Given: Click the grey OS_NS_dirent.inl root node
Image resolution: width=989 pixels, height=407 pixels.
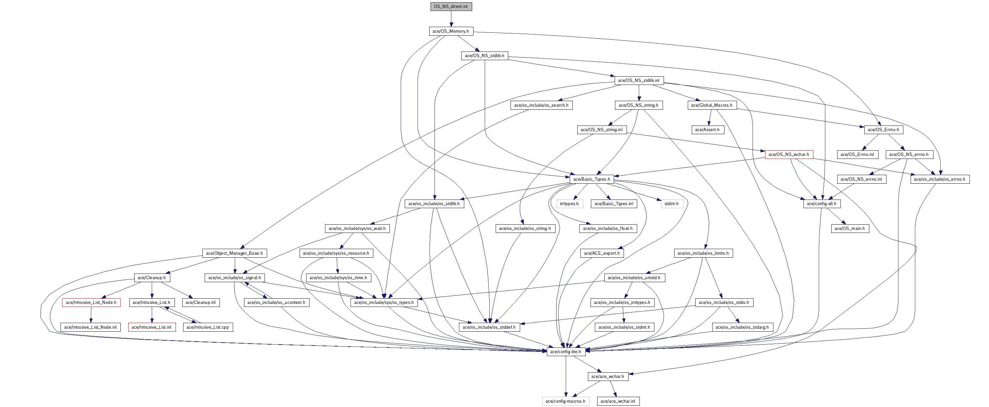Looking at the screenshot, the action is [x=451, y=7].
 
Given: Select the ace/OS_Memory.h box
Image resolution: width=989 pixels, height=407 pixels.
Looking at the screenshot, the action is [x=451, y=31].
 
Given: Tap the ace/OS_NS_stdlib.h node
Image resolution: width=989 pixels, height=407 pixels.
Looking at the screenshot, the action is [x=484, y=55].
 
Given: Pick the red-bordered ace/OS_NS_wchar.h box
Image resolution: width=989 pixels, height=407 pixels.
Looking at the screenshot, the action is [x=789, y=155].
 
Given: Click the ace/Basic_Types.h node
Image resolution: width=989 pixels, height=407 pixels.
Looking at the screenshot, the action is [x=592, y=179].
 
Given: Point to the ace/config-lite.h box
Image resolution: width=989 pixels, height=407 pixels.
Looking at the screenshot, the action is [x=565, y=352].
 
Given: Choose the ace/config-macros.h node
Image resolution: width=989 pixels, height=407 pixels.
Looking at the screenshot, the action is [x=565, y=401].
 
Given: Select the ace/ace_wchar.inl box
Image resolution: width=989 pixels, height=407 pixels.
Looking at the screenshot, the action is [x=618, y=401].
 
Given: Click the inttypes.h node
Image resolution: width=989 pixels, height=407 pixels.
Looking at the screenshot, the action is [x=569, y=204].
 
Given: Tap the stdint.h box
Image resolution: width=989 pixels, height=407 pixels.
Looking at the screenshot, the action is [x=672, y=204].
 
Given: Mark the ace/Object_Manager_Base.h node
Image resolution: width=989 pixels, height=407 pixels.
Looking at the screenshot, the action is [x=234, y=253].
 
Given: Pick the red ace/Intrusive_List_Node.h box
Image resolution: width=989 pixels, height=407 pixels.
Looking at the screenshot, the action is [x=91, y=303].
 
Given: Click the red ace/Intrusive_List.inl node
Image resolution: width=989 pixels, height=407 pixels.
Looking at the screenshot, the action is [x=152, y=327].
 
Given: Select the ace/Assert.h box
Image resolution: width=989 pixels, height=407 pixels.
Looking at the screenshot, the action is [x=707, y=129].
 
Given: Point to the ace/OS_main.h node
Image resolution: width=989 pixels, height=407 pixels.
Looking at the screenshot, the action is [x=850, y=229].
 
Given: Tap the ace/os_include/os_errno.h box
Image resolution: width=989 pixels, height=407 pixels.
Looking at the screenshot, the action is [x=939, y=179].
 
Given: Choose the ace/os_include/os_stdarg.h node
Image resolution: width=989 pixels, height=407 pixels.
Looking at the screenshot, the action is [x=742, y=327].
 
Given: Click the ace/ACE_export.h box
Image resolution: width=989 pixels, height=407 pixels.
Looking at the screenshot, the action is [x=601, y=253].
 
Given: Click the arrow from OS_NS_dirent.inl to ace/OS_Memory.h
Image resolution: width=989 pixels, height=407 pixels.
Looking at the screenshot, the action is [x=451, y=19].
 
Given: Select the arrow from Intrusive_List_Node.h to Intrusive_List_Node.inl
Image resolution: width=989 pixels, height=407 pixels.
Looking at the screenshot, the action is [x=91, y=315].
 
